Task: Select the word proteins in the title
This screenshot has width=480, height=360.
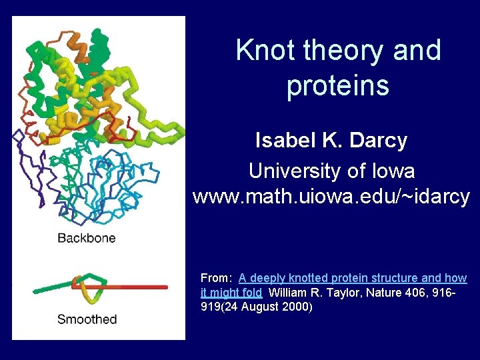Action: [x=338, y=86]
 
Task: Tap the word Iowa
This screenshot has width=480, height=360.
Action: [x=391, y=171]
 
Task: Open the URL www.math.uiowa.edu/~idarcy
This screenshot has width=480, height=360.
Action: [x=331, y=197]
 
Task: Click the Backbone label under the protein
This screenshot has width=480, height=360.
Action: [x=86, y=238]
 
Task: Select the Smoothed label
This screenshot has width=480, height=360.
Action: [x=87, y=319]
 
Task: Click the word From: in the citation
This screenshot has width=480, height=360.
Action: [x=217, y=278]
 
